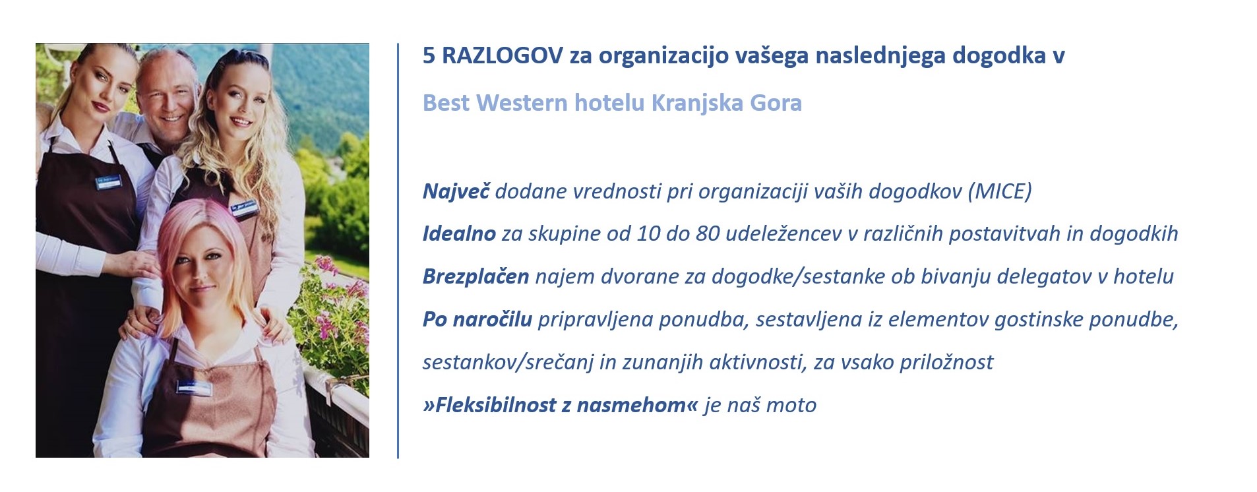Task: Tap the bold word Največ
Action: [x=456, y=191]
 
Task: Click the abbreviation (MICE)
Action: [x=999, y=191]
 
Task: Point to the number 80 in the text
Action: [x=708, y=233]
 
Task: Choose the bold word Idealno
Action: [x=459, y=233]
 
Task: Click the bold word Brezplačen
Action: [x=475, y=276]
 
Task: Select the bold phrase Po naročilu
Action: [x=477, y=319]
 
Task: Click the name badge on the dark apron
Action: [x=107, y=182]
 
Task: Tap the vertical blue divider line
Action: [x=398, y=251]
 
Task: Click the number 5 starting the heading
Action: [x=429, y=56]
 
